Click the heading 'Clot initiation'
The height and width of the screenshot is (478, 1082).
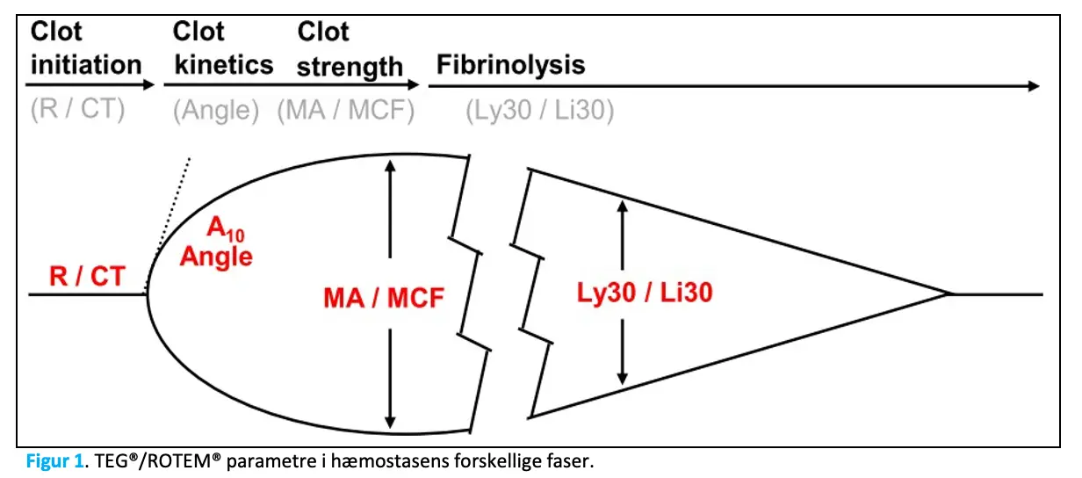pos(85,48)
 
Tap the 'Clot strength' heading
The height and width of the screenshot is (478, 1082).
pos(350,49)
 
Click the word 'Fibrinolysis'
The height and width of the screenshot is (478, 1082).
pos(510,64)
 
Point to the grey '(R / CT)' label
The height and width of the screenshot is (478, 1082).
pos(77,112)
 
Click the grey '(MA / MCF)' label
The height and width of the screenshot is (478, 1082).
pos(346,112)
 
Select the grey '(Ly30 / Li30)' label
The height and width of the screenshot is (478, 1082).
pos(539,112)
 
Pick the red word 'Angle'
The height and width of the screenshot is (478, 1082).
pos(216,257)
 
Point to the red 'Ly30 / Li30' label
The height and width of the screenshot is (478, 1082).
pos(645,292)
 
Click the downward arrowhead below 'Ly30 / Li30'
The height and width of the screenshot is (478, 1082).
pos(623,378)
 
